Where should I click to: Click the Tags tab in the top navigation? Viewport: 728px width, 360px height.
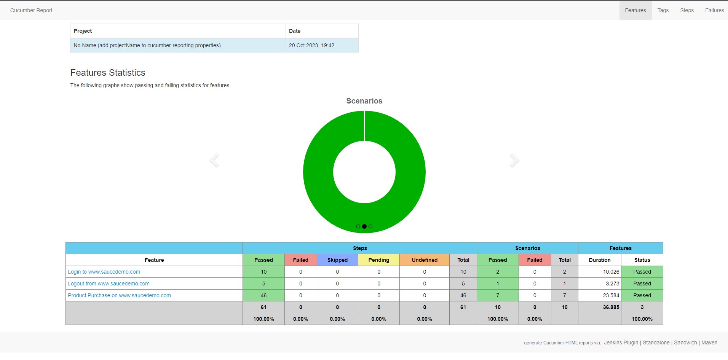coord(663,10)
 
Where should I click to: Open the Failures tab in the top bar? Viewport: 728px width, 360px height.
coord(714,10)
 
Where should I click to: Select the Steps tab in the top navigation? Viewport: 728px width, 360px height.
coord(687,10)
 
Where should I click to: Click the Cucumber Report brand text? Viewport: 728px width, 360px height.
coord(31,10)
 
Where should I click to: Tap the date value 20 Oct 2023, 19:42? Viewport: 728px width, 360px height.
coord(311,45)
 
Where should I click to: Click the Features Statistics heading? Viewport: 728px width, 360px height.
coord(108,73)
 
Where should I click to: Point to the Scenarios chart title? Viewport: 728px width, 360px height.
coord(364,101)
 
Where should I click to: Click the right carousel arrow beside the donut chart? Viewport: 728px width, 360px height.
coord(514,160)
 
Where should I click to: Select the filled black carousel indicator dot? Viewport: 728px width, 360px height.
coord(364,226)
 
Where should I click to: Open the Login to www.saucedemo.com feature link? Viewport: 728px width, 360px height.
coord(104,272)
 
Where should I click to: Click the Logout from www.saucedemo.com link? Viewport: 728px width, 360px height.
coord(109,284)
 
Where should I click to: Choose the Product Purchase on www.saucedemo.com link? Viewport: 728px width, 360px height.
coord(119,295)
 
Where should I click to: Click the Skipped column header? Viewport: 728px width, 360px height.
coord(337,260)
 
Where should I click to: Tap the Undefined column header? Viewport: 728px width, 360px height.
coord(425,260)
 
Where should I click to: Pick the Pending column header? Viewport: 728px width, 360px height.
coord(378,260)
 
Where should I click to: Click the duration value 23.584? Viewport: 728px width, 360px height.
coord(611,295)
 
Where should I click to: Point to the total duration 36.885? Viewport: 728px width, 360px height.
coord(611,307)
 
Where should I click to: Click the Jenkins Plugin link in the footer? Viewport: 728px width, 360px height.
coord(621,342)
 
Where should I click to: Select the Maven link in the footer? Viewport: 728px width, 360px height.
coord(709,342)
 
